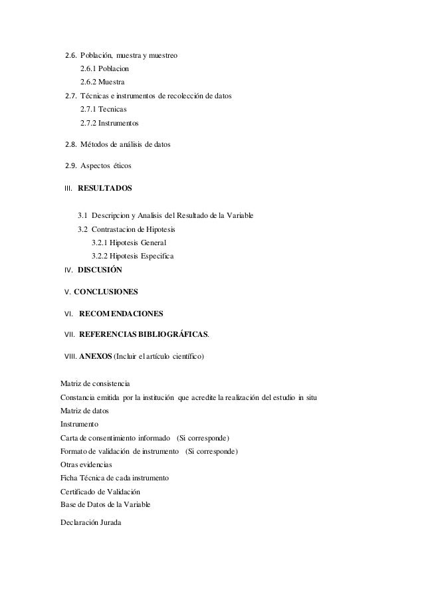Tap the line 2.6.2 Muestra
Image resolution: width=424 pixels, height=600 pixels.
[102, 82]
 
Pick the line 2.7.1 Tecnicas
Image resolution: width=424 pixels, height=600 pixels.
[103, 109]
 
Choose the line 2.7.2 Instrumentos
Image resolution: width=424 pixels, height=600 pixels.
[110, 123]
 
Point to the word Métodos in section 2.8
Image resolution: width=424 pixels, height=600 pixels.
[94, 144]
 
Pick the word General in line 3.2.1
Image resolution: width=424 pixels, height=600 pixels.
[154, 243]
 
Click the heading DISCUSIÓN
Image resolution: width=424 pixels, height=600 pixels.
[100, 270]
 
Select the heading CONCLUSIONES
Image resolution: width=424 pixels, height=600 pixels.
[106, 292]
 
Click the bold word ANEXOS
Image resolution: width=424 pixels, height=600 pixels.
[95, 357]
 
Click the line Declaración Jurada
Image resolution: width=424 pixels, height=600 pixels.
[90, 523]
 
